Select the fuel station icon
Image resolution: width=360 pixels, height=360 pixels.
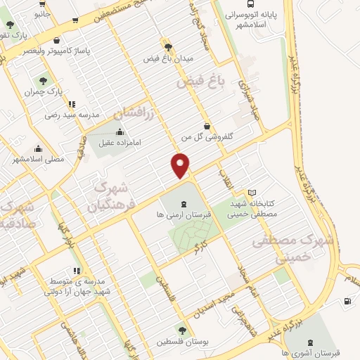[347, 302]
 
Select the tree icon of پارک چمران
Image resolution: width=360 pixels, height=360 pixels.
[44, 80]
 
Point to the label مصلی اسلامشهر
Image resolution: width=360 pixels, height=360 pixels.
[38, 160]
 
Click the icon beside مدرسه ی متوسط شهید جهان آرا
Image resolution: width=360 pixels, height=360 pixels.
[76, 270]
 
